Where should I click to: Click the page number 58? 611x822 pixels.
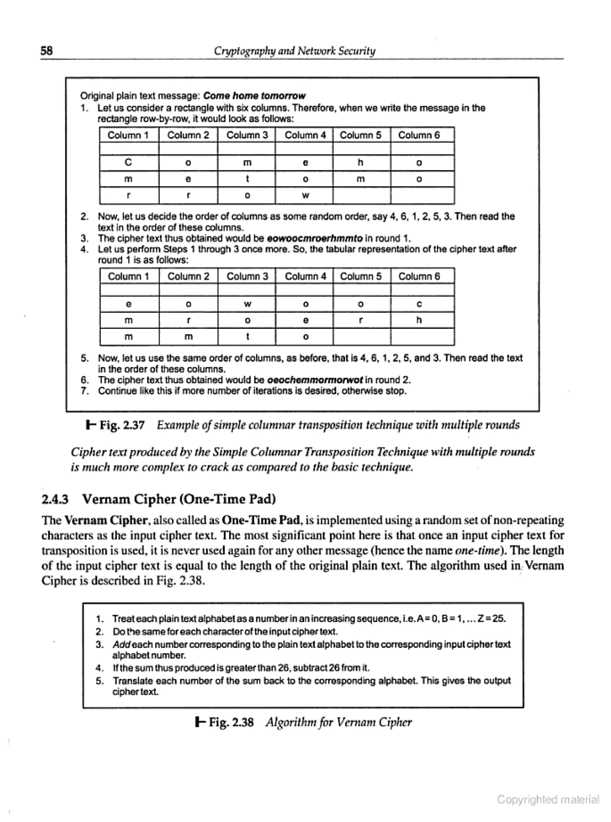tap(47, 51)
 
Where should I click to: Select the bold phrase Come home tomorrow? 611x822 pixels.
tap(254, 96)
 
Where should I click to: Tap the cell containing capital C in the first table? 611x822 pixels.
tap(129, 162)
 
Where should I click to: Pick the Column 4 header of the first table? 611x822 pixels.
tap(305, 135)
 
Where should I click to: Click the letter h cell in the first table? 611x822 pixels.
tap(361, 162)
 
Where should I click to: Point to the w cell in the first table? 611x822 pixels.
tap(305, 196)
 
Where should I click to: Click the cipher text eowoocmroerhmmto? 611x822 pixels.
tap(314, 239)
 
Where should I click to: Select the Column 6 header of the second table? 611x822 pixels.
tap(419, 276)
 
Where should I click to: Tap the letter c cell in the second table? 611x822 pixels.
tap(419, 304)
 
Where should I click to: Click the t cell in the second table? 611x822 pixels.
tap(247, 337)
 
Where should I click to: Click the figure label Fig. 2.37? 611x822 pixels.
tap(122, 425)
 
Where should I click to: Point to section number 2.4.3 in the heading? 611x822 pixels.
tap(55, 499)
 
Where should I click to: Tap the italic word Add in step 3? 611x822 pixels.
tap(121, 645)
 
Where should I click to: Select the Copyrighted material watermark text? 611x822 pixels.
tap(548, 800)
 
